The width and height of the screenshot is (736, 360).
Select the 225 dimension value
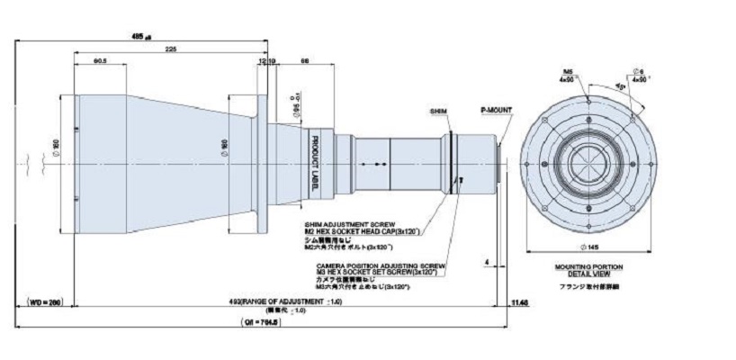click(x=170, y=50)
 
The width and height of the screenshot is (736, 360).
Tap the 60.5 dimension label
click(x=101, y=61)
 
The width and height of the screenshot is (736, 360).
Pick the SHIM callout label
click(x=438, y=110)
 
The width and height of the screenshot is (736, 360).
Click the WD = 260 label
click(x=43, y=301)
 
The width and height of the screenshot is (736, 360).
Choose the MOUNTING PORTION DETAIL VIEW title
click(x=589, y=270)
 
